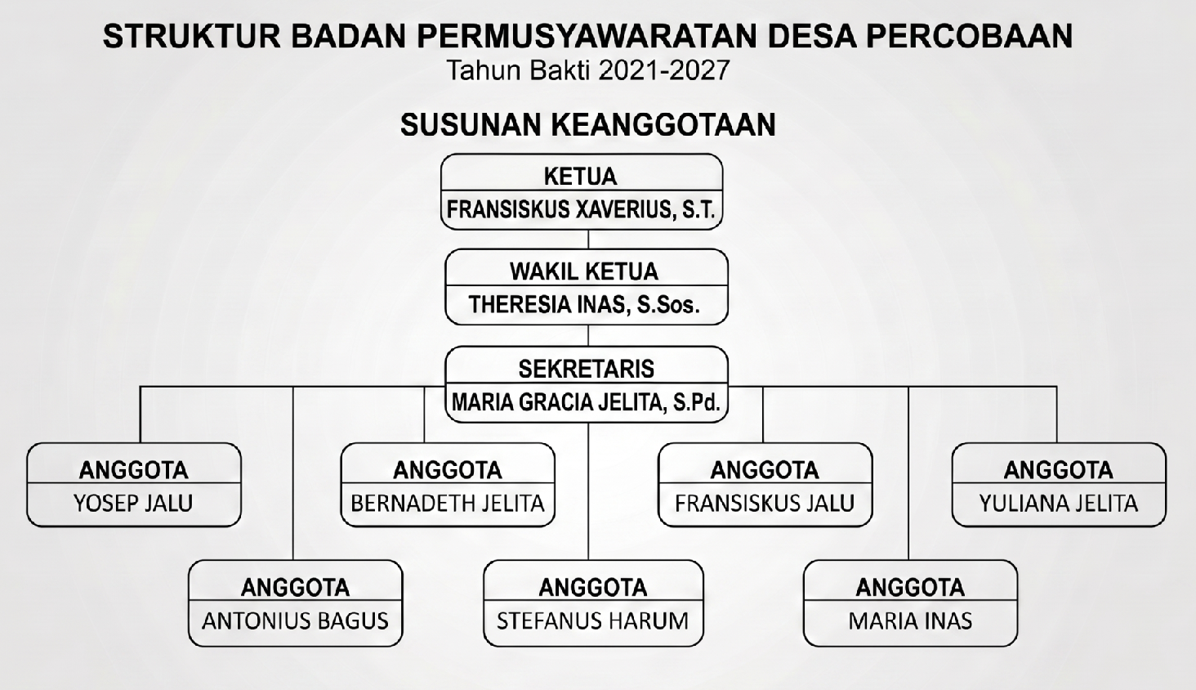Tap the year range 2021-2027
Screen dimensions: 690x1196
pyautogui.click(x=663, y=71)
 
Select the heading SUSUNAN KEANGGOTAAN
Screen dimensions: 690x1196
pyautogui.click(x=587, y=125)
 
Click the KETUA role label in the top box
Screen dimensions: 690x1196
pyautogui.click(x=581, y=176)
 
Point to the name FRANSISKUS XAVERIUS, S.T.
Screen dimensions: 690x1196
pyautogui.click(x=581, y=210)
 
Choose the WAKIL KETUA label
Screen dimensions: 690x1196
pyautogui.click(x=584, y=271)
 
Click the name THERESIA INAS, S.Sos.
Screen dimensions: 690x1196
pyautogui.click(x=584, y=305)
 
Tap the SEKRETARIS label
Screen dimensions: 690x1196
pyautogui.click(x=586, y=369)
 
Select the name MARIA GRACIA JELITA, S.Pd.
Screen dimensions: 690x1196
pyautogui.click(x=586, y=402)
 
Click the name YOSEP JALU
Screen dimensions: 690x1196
pyautogui.click(x=133, y=503)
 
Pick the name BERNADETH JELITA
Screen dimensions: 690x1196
pyautogui.click(x=448, y=503)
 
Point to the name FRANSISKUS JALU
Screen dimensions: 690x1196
pyautogui.click(x=765, y=503)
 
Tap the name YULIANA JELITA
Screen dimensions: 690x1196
pyautogui.click(x=1059, y=503)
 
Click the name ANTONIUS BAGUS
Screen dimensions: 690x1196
pyautogui.click(x=295, y=621)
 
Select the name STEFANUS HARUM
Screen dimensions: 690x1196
pyautogui.click(x=592, y=621)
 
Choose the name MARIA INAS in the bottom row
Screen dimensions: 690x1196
pyautogui.click(x=910, y=621)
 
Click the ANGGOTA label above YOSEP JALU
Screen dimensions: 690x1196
pyautogui.click(x=133, y=470)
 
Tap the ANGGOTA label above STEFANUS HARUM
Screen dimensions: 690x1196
pyautogui.click(x=592, y=587)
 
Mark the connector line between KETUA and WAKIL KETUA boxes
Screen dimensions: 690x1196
pyautogui.click(x=588, y=240)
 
